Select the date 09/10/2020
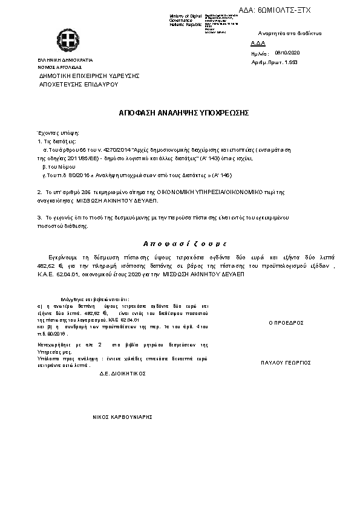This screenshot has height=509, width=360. pos(287,53)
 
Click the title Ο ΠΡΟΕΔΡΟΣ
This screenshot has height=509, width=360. pos(286,323)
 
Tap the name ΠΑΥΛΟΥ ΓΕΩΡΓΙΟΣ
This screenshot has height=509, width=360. pos(286,363)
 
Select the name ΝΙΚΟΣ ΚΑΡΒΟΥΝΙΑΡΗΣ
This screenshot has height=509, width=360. pos(122,417)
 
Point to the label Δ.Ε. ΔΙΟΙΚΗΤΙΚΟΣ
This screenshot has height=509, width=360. pos(122,374)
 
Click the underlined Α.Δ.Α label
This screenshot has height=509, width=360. pos(258,44)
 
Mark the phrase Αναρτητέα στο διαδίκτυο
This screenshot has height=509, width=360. pos(289,33)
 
